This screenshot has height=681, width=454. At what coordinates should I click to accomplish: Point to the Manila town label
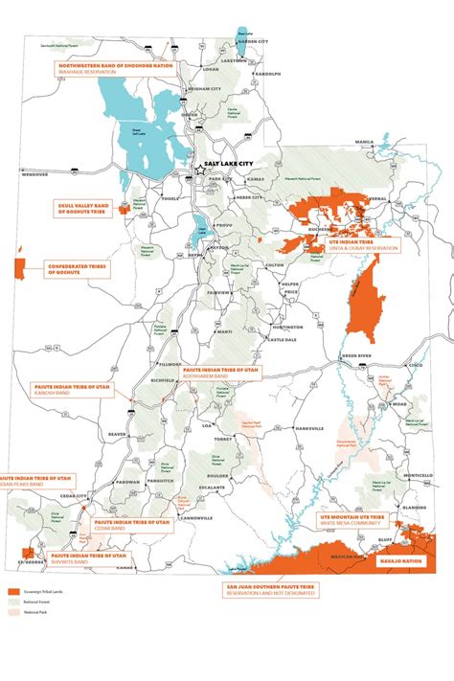click(x=364, y=142)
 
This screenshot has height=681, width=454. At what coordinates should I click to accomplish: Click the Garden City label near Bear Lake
click(x=253, y=42)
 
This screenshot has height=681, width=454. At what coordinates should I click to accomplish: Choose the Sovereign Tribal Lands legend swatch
click(x=13, y=593)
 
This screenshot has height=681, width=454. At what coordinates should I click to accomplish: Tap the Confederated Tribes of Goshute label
click(x=79, y=270)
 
